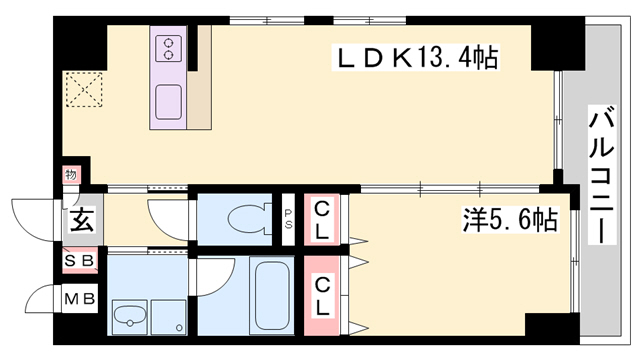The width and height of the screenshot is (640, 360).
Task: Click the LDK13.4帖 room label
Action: click(417, 59)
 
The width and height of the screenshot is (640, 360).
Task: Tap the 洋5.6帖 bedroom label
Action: click(510, 220)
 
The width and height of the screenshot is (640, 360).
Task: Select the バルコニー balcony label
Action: click(602, 175)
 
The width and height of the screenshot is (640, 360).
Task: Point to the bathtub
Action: click(272, 296)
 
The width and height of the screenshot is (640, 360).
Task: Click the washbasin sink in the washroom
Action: click(130, 317)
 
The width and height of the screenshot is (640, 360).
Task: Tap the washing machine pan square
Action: click(169, 317)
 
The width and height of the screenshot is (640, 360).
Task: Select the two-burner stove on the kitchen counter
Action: click(169, 49)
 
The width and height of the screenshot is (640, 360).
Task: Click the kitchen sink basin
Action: click(169, 102)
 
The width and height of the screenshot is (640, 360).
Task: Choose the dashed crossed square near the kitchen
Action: click(84, 90)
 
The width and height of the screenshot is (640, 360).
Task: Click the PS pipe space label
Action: click(288, 219)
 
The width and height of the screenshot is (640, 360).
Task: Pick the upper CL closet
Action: click(322, 220)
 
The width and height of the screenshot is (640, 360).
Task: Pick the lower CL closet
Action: click(322, 296)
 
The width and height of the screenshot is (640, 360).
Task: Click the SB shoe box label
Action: click(80, 260)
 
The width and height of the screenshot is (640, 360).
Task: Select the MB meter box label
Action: click(80, 299)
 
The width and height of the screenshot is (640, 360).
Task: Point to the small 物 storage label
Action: click(71, 175)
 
